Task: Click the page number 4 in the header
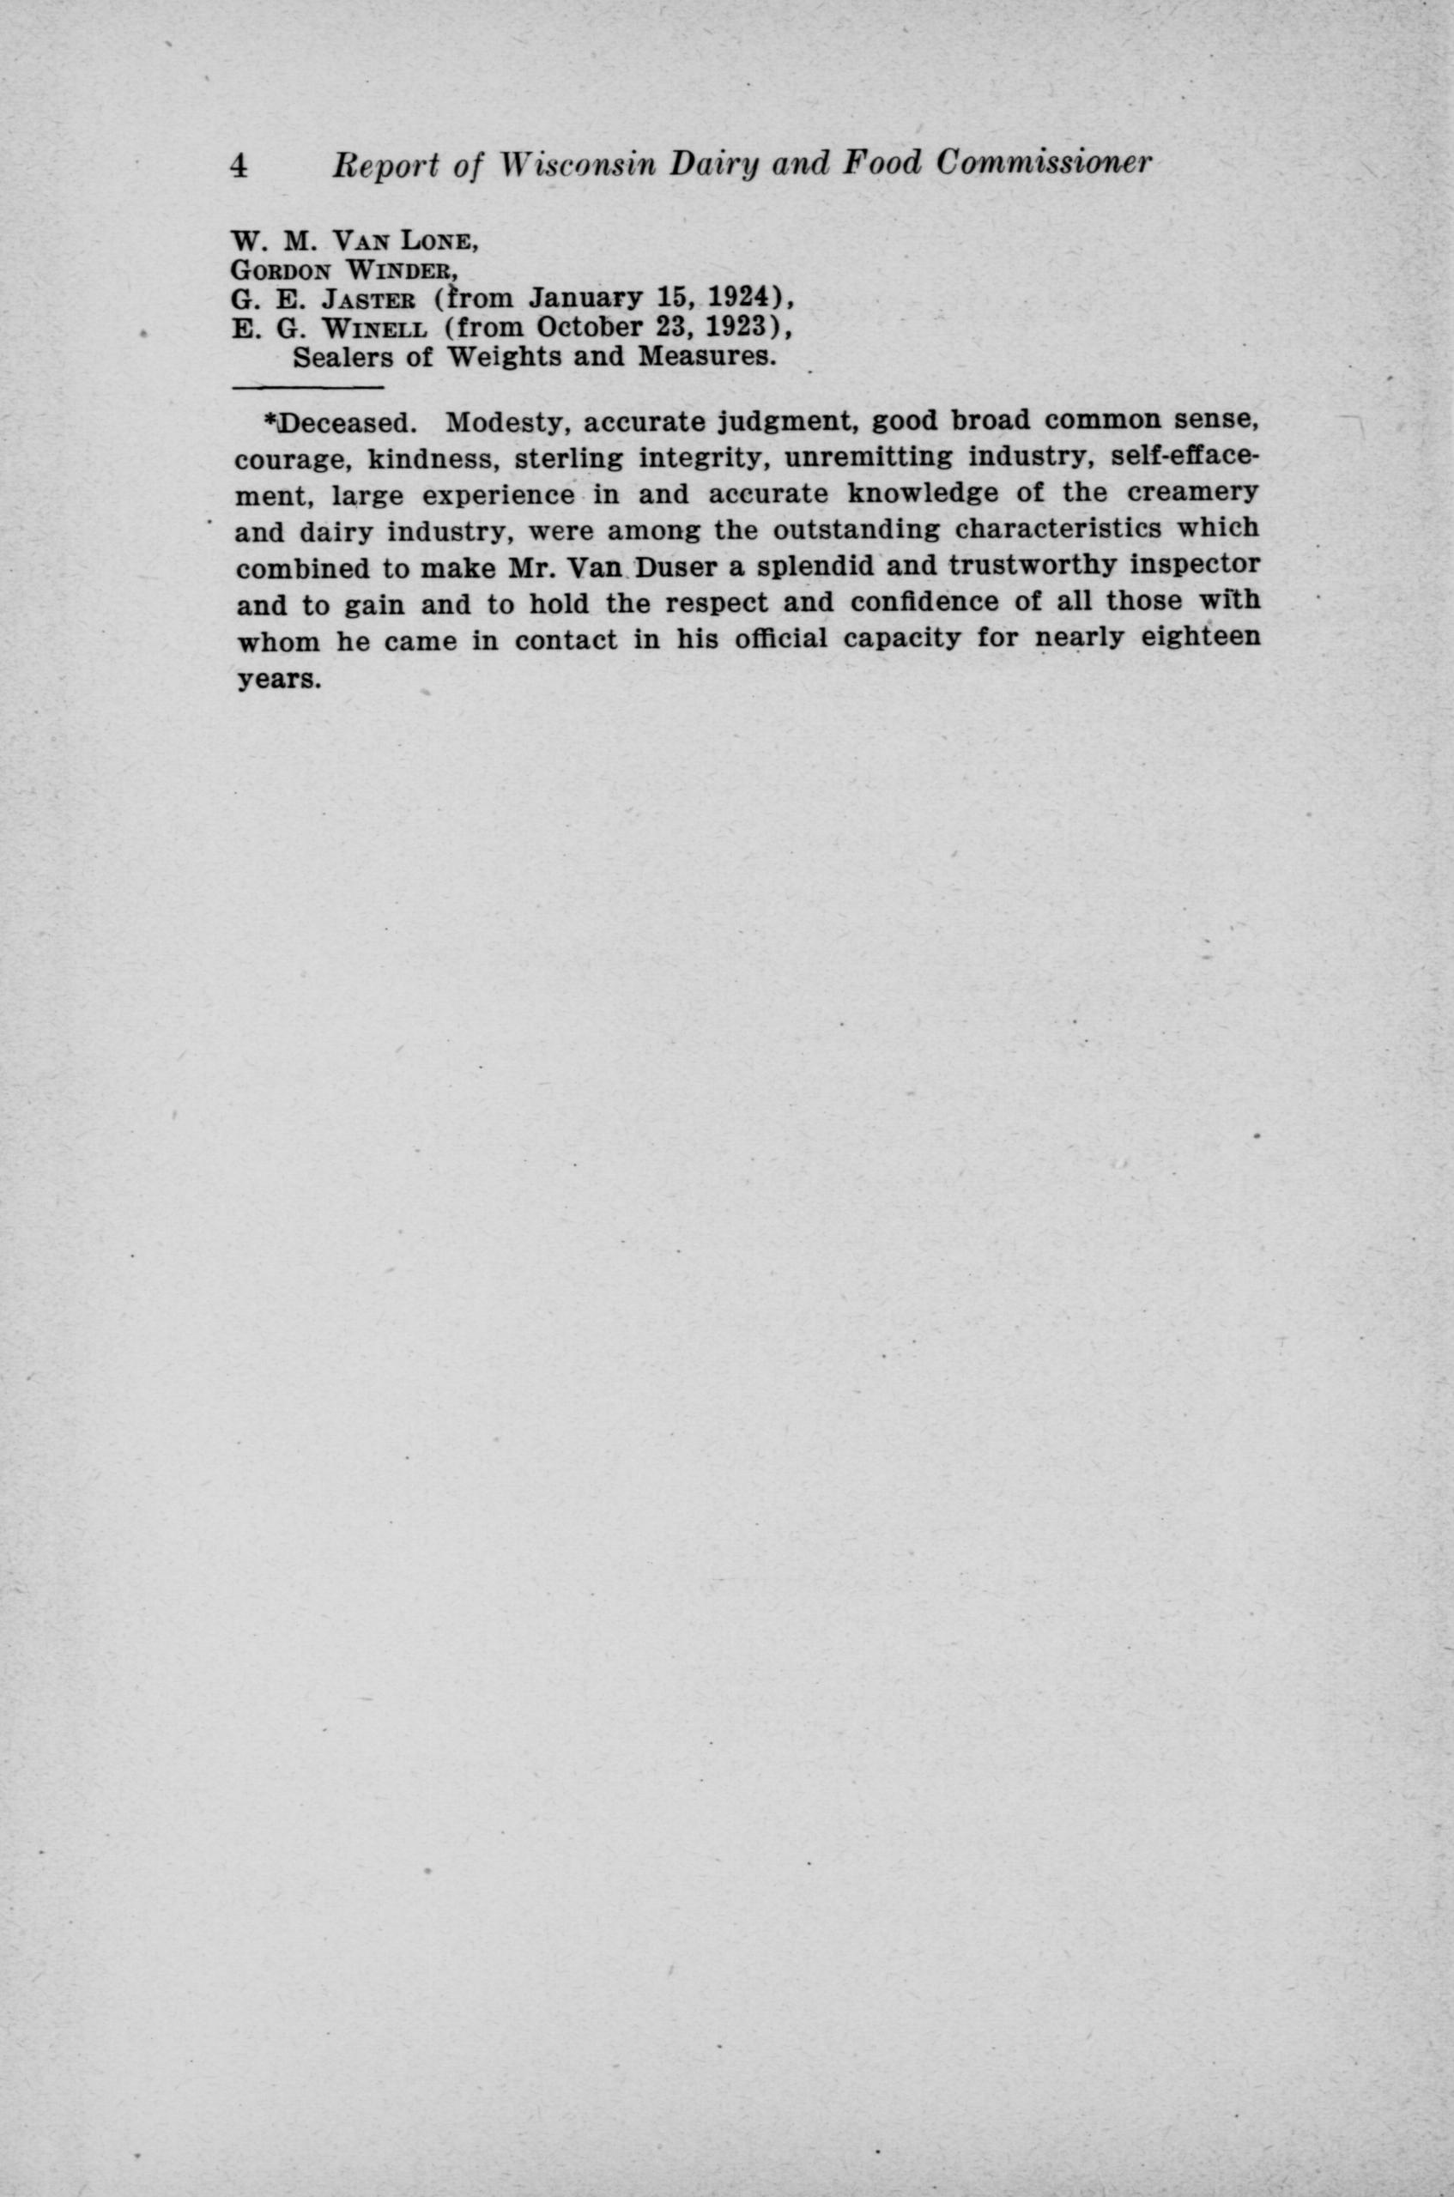[239, 165]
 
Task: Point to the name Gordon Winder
[344, 270]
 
